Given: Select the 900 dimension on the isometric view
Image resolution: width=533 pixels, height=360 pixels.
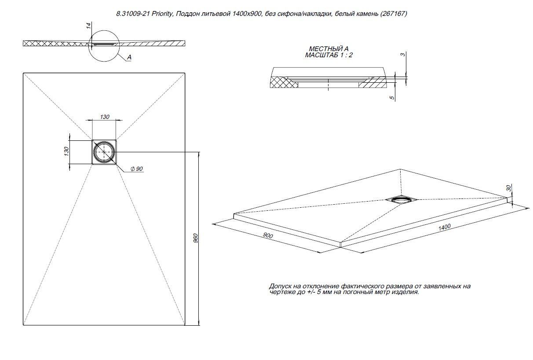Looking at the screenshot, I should tap(267, 236).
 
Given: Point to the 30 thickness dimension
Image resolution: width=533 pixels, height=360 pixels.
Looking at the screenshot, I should tap(509, 188).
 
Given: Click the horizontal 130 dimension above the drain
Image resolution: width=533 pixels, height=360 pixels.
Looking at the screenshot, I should tap(104, 117).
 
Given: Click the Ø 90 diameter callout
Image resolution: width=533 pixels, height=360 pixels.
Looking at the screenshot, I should tap(137, 169).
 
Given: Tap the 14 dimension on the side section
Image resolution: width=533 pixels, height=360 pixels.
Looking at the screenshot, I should tap(89, 26).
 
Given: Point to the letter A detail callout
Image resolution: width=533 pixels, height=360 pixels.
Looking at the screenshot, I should tap(129, 57).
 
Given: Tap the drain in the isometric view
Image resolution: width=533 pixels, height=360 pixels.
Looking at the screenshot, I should tap(401, 199).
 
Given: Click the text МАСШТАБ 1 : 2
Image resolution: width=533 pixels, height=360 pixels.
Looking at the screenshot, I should tap(329, 55).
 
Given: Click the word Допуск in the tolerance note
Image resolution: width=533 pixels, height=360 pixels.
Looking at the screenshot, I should tap(280, 286).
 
